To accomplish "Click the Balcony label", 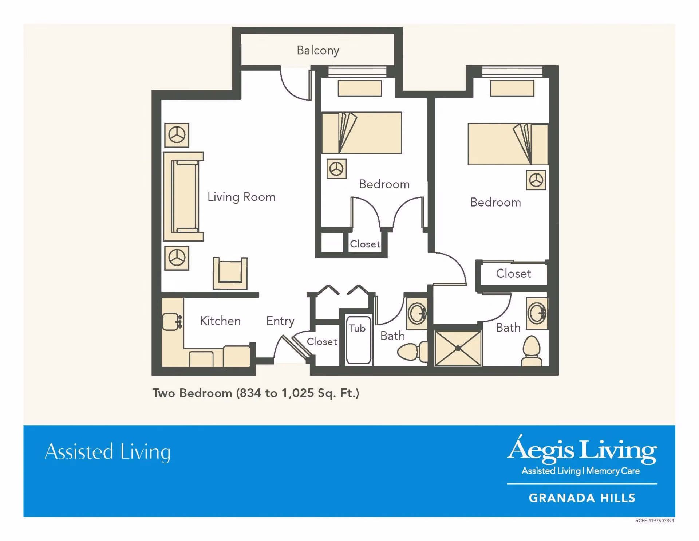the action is (318, 50).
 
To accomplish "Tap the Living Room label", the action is (241, 197).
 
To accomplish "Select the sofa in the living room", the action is (183, 197).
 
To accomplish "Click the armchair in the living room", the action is (230, 273).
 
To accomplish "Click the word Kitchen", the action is (220, 321).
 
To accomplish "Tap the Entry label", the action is (280, 321).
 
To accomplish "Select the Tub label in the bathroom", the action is (357, 328).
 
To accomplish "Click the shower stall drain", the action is (458, 348).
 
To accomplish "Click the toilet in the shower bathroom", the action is (532, 351).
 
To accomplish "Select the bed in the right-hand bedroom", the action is (508, 144).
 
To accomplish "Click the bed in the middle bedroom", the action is (362, 133).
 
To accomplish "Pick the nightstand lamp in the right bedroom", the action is (536, 180).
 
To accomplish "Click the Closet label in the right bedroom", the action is (513, 274).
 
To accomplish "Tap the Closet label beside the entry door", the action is (322, 342).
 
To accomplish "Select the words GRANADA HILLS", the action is (582, 498).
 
